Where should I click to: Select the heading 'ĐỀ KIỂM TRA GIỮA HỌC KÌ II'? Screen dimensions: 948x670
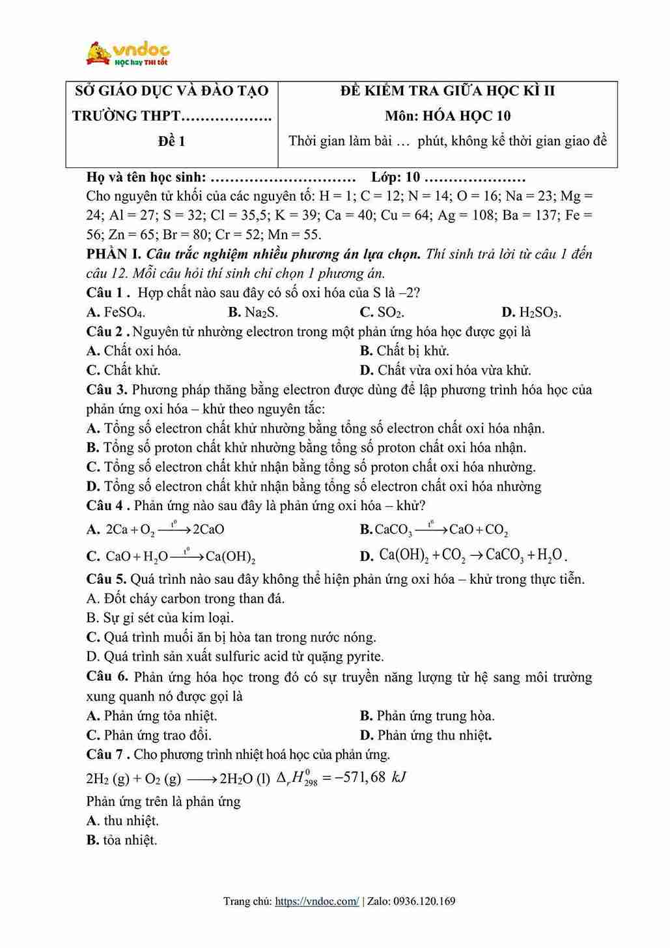coord(447,91)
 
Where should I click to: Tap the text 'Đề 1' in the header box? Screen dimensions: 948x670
coord(172,141)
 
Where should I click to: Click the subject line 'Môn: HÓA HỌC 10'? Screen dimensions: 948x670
coord(447,116)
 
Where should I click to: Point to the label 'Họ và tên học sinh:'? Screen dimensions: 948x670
coord(146,177)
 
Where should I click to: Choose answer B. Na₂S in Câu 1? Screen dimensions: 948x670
coord(253,312)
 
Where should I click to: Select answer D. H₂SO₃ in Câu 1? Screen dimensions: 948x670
coord(531,312)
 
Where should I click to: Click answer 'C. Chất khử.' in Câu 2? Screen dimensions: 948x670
coord(124,370)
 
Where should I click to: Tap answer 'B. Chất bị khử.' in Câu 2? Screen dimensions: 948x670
coord(404,351)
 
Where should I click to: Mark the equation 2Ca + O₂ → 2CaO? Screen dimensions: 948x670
coord(165,530)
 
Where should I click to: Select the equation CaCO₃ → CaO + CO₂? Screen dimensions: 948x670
coord(441,530)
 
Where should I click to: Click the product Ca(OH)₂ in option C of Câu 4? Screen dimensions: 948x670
coord(230,557)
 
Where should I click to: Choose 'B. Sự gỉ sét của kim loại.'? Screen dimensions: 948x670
coord(160,618)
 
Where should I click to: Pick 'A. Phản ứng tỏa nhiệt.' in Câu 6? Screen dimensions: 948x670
coord(152,715)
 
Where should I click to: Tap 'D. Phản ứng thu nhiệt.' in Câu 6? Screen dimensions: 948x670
coord(426,735)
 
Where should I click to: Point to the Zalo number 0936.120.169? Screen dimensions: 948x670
coord(425,902)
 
